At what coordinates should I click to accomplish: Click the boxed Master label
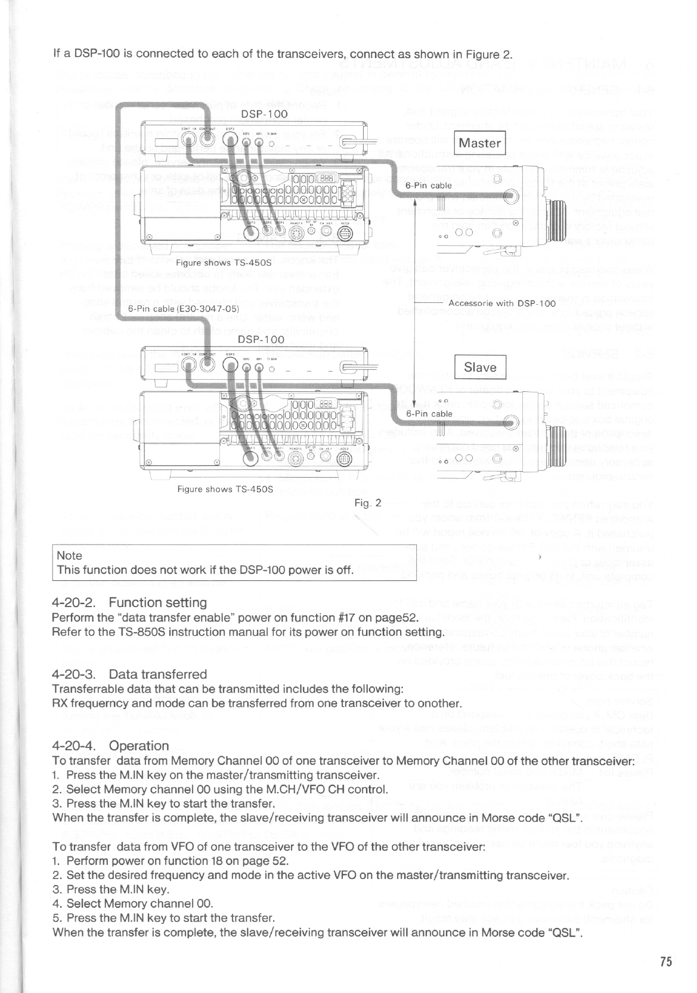click(480, 143)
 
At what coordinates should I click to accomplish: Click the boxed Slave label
click(480, 367)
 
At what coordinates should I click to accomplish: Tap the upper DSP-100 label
click(264, 114)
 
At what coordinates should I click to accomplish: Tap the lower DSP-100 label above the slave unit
click(261, 339)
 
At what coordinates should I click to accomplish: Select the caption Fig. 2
click(367, 503)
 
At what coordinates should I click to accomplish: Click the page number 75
click(666, 961)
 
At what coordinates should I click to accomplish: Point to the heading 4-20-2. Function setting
click(129, 602)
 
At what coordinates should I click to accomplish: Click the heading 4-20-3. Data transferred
click(129, 674)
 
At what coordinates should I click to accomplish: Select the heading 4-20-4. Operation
click(111, 745)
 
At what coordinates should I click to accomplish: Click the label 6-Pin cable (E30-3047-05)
click(184, 308)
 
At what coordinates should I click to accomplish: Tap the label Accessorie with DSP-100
click(502, 303)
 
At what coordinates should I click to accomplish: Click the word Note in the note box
click(69, 555)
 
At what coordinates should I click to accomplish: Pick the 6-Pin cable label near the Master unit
click(429, 185)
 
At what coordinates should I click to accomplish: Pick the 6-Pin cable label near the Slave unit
click(429, 413)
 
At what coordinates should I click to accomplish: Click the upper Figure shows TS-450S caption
click(224, 262)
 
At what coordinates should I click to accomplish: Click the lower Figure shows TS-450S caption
click(225, 489)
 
